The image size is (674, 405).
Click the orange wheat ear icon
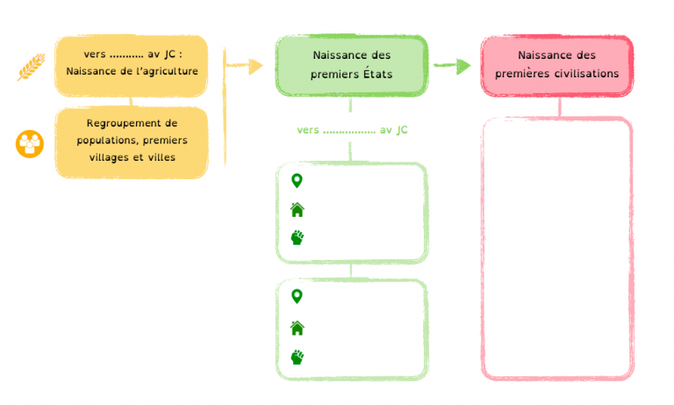(x=32, y=67)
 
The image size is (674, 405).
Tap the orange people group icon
(x=30, y=144)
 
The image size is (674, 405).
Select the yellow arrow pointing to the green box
(x=245, y=65)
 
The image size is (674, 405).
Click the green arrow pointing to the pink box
(x=452, y=65)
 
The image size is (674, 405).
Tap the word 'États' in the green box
(x=378, y=74)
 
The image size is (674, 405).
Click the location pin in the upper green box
(x=297, y=181)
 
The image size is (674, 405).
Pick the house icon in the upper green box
(x=297, y=210)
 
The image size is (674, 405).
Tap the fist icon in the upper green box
(x=297, y=237)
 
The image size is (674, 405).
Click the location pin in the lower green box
(x=297, y=297)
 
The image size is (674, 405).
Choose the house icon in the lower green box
(x=297, y=328)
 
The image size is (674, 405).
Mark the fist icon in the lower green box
(x=297, y=357)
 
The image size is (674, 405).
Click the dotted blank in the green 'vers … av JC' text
(x=349, y=132)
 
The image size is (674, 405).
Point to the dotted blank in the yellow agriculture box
(x=126, y=56)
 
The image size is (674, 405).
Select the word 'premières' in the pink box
(x=523, y=74)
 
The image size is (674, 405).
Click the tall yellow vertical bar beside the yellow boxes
(x=225, y=107)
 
